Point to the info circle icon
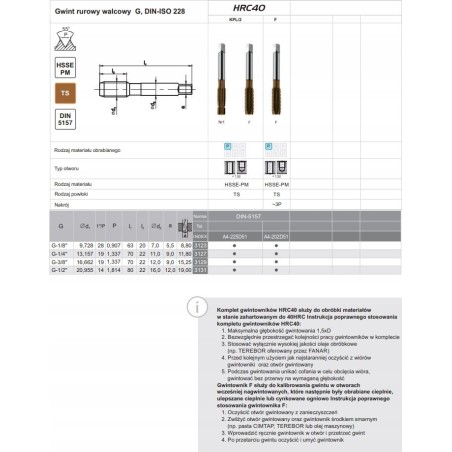pyautogui.click(x=202, y=305)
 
